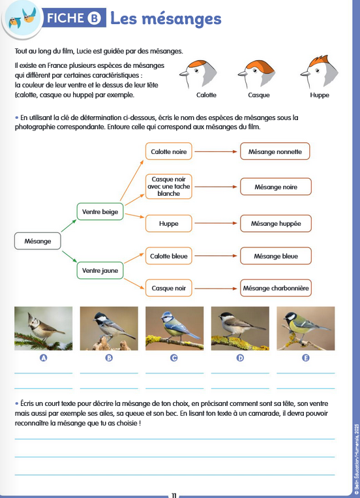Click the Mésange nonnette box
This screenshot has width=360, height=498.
(x=275, y=151)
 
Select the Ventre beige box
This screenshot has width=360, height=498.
(x=100, y=211)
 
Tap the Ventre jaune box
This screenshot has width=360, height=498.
(x=100, y=271)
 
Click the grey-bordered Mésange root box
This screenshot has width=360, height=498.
(x=37, y=241)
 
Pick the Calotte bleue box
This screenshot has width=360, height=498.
(x=168, y=256)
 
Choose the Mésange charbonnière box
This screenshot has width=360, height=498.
(x=276, y=288)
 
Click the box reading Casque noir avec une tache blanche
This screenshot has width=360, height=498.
(x=168, y=187)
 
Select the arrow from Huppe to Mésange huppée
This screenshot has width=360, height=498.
(x=216, y=223)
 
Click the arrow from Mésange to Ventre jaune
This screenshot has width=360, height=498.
(x=69, y=257)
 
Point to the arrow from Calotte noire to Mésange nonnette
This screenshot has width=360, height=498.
(x=216, y=151)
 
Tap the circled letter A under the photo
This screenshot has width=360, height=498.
(x=44, y=358)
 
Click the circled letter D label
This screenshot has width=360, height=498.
(x=240, y=358)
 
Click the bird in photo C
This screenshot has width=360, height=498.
(x=178, y=326)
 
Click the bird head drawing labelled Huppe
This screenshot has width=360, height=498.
(x=320, y=72)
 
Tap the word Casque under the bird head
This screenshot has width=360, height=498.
(x=259, y=95)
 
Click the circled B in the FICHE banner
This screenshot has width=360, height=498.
(x=95, y=18)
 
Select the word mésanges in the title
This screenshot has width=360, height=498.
(x=181, y=18)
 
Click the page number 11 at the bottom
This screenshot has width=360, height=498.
(x=174, y=495)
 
